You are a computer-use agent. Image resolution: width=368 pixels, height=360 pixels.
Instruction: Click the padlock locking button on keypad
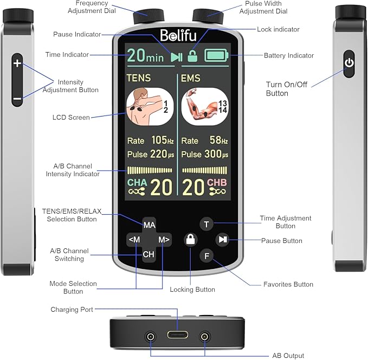(190, 239)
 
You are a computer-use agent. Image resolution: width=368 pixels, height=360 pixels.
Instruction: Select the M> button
(164, 239)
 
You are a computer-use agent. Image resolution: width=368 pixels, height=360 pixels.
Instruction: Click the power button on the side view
(350, 63)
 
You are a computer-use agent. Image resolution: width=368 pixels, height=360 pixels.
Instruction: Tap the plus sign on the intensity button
(17, 63)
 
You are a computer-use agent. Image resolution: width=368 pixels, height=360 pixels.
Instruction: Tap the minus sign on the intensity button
(17, 99)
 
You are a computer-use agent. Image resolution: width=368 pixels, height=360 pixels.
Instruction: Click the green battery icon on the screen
(216, 55)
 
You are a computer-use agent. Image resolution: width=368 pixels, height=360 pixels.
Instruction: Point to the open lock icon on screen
(192, 55)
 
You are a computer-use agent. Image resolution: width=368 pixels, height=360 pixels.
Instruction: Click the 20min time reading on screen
(145, 55)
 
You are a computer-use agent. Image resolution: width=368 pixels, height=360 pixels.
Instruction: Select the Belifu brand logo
(178, 35)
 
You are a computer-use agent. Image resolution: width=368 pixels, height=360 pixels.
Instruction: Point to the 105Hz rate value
(163, 140)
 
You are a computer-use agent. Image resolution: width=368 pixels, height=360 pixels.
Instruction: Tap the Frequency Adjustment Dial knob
(146, 19)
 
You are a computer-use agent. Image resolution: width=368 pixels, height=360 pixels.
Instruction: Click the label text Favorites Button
(288, 284)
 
